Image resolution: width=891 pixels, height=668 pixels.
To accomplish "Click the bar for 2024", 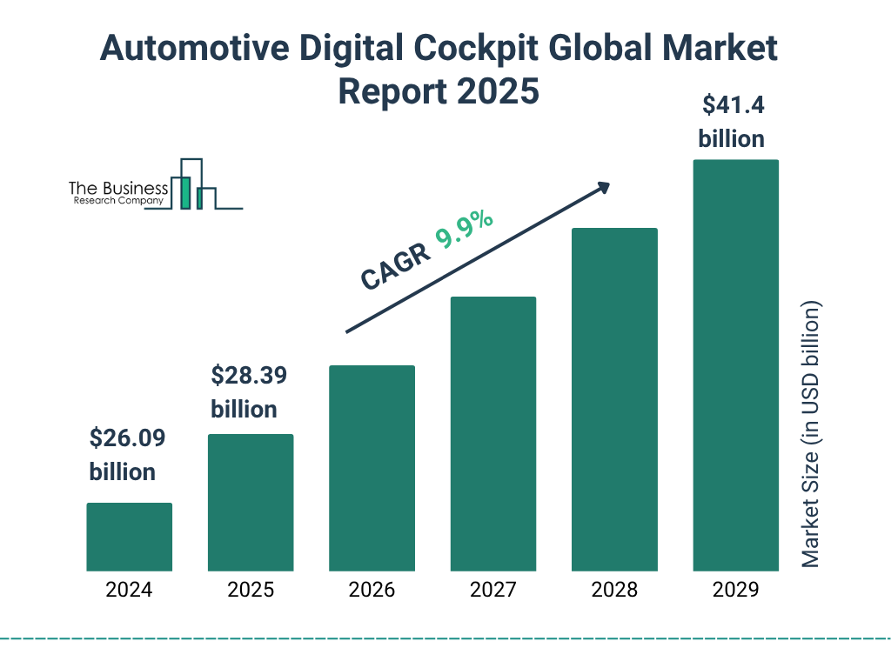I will point(129,537).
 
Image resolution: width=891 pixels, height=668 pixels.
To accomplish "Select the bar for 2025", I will point(251,503).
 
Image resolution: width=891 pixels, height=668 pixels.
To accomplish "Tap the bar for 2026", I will point(372,468).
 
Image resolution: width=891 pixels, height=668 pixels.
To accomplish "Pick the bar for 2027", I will point(493,434).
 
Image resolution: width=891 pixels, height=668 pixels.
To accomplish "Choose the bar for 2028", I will point(614,400).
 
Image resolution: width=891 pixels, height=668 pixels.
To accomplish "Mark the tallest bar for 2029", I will point(735,365).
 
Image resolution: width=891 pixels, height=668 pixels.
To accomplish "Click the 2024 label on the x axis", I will point(129,590).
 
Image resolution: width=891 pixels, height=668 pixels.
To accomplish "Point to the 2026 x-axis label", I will point(372,590).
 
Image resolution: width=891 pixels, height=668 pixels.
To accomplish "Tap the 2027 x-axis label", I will point(493,590).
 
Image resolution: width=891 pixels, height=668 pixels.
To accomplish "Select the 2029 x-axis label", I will point(735,590).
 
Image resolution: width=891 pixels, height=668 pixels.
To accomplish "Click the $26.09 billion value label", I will point(127,455).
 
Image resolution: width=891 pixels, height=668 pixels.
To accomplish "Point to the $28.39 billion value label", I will point(249,392).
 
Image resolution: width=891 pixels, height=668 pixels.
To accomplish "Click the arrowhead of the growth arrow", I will point(603,187).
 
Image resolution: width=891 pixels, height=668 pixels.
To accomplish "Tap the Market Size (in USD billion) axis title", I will point(811,435).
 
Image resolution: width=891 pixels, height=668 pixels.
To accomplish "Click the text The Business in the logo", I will point(118,189).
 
